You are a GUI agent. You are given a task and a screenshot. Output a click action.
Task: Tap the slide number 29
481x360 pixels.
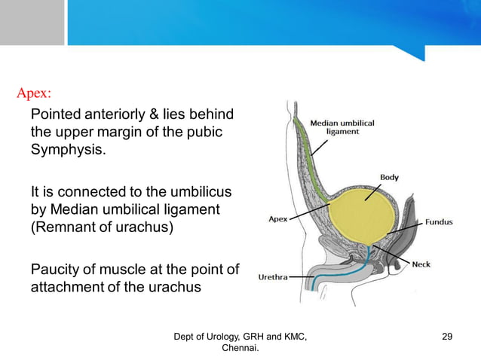(447, 336)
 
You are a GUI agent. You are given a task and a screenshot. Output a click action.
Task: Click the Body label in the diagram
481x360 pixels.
(389, 177)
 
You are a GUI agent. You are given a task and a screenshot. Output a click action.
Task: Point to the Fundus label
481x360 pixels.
(439, 223)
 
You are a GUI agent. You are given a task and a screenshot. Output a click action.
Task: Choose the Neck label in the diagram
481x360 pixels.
(421, 264)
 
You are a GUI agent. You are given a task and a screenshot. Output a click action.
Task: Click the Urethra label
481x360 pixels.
(272, 276)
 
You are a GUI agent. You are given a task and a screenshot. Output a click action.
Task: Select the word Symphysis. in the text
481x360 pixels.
(67, 149)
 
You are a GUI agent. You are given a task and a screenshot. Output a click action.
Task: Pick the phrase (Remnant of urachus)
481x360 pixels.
(102, 227)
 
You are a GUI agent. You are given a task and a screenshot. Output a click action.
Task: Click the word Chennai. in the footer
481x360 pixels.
(240, 348)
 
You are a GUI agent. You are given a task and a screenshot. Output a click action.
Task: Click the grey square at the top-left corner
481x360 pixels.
(32, 23)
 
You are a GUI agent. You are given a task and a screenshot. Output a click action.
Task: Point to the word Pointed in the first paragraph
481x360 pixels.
(54, 114)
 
